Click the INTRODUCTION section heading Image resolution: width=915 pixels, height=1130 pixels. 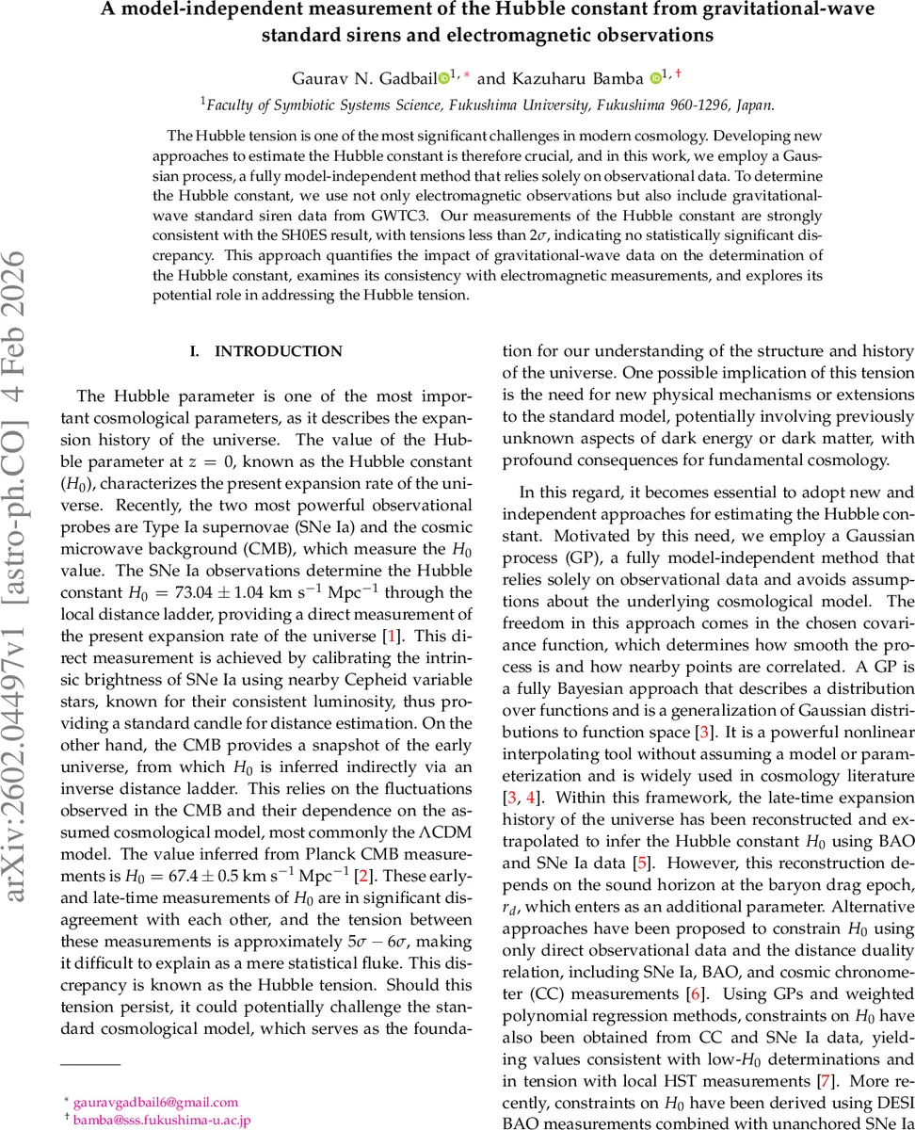tap(279, 351)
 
